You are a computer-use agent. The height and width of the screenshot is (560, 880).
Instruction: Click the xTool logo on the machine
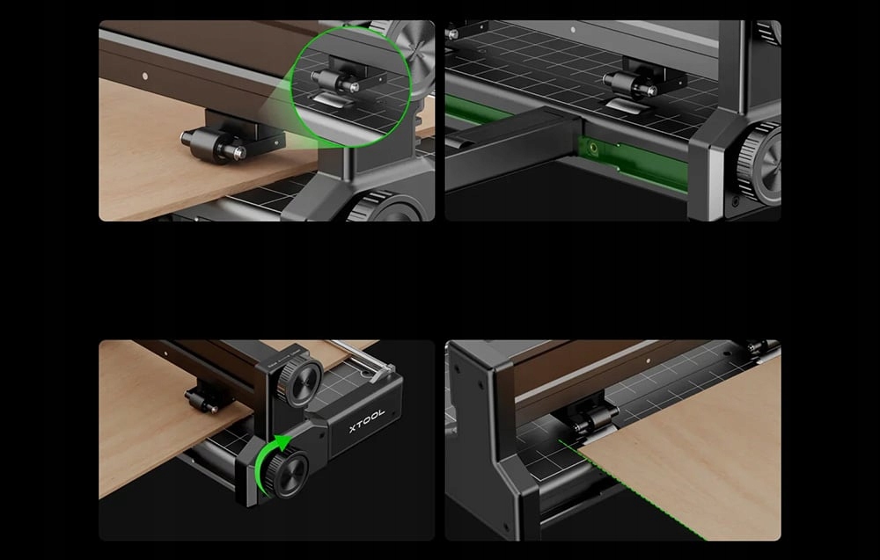pos(367,420)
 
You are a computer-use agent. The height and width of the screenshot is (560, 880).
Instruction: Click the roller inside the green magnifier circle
pos(335,81)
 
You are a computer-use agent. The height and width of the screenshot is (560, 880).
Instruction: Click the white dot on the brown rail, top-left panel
pos(145,76)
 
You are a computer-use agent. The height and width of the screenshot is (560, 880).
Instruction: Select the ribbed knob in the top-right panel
pos(759,162)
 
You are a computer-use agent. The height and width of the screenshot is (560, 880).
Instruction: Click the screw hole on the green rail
pos(592,148)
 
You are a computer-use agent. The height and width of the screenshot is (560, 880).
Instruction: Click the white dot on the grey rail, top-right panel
pos(573,30)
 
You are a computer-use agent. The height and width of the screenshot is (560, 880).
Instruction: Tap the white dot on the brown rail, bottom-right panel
pos(649,361)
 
